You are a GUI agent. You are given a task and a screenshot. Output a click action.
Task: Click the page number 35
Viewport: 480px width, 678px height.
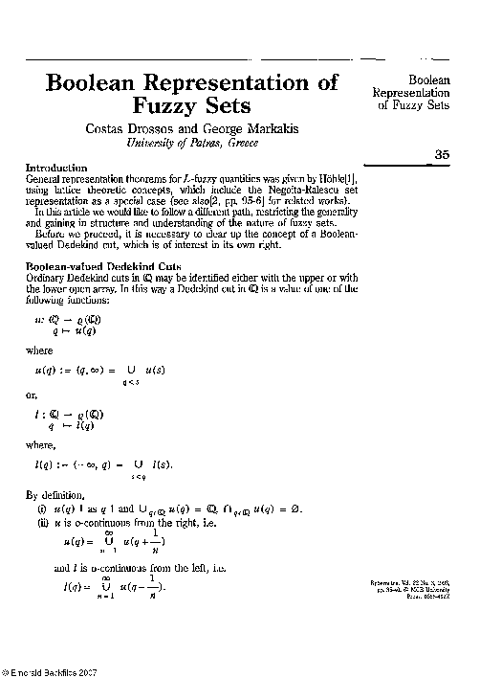point(441,154)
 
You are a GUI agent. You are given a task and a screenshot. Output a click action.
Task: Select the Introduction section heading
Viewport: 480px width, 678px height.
point(56,169)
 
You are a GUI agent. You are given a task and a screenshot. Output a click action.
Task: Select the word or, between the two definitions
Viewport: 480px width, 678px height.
point(32,395)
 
